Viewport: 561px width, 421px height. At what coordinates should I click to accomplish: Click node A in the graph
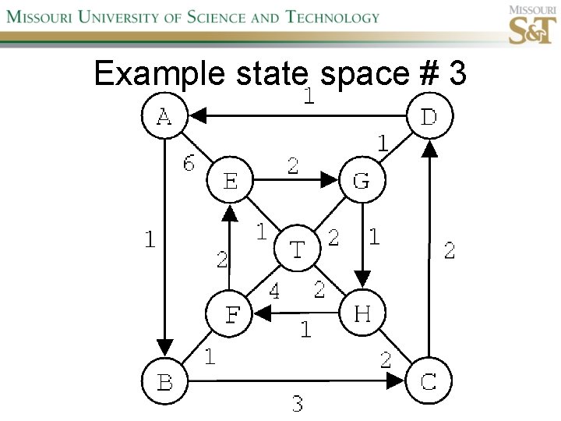pos(164,117)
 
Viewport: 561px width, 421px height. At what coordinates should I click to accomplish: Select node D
pos(429,117)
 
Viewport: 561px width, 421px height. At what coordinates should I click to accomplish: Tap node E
pos(231,181)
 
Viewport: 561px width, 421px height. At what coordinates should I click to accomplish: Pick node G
pos(361,181)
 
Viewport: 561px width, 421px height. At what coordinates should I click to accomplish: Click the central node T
pos(296,249)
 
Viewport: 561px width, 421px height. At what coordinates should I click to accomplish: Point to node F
pos(231,316)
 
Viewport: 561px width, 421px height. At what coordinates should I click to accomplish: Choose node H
pos(362,314)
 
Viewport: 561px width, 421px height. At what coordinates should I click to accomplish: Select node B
pos(164,382)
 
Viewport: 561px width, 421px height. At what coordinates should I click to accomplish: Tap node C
pos(429,382)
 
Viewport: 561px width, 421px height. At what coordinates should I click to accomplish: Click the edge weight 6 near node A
pos(189,163)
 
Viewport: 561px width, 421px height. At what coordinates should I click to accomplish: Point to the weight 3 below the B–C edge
pos(297,403)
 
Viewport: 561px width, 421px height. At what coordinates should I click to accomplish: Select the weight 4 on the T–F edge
pos(274,292)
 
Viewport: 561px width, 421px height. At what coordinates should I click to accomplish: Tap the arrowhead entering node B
pos(164,345)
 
